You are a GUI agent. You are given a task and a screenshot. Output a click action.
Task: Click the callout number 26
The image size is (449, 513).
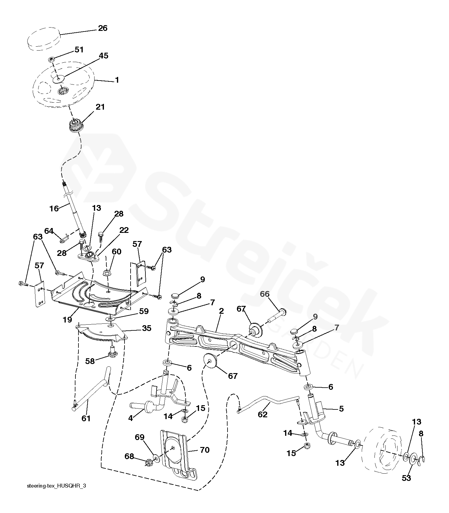coord(103,28)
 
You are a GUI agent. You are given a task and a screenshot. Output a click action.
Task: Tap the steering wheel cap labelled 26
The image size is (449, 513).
coord(44,39)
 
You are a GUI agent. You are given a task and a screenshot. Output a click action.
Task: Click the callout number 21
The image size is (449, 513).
coord(100,107)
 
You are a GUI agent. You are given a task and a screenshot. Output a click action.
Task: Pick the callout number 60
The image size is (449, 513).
coord(117,252)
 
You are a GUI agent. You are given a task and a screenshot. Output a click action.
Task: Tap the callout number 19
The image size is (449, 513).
coord(68,319)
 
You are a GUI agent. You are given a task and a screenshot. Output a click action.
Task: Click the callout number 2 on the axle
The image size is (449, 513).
coord(221,311)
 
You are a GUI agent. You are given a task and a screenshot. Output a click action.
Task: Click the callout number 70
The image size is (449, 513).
coord(205,450)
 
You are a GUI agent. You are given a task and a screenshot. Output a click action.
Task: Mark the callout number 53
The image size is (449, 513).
coord(406,478)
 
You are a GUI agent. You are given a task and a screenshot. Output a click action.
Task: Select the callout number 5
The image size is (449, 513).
coord(341,409)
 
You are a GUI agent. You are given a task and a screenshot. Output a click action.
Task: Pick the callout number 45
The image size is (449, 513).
coord(104,56)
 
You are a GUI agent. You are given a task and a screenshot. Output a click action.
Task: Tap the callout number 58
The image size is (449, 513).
coord(90,361)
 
